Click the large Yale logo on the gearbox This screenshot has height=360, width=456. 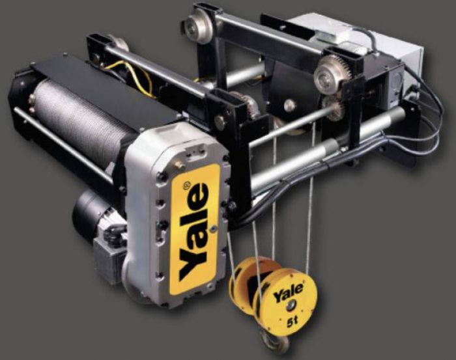[193, 232]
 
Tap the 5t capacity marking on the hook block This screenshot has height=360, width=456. [292, 321]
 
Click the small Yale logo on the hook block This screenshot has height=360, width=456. [288, 293]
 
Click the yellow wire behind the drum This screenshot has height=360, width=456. [134, 76]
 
